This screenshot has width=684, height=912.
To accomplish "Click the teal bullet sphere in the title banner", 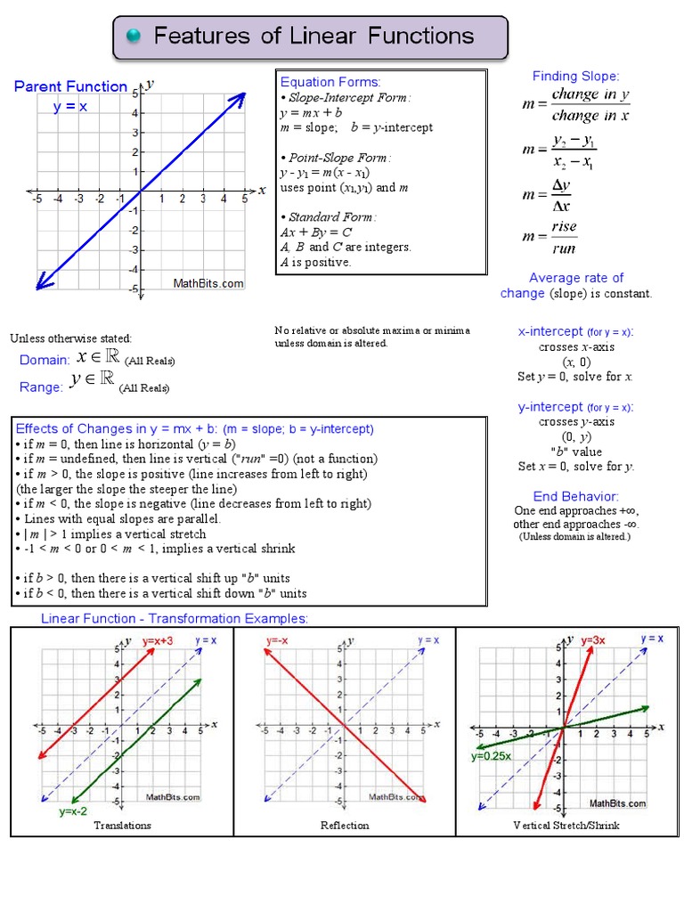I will (134, 36).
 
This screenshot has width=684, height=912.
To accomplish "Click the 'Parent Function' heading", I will (70, 86).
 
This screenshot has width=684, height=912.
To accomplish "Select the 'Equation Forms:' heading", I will (330, 82).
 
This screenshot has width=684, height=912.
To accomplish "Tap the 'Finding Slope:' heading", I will (575, 76).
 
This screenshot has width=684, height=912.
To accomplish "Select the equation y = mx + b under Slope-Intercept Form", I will (311, 112).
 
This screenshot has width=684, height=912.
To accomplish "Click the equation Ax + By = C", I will (316, 232).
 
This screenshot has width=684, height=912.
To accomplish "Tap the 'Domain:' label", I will (45, 360).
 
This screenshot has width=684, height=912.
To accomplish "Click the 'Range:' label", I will (41, 387).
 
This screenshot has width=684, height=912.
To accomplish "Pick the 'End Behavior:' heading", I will (575, 496).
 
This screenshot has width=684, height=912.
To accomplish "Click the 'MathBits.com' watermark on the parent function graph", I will (208, 283).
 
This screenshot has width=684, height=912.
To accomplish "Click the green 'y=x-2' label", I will (73, 811).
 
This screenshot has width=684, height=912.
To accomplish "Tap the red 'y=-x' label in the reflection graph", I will (278, 640).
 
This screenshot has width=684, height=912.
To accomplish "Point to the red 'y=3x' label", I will (593, 640).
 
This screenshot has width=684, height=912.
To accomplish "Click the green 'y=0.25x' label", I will (491, 756).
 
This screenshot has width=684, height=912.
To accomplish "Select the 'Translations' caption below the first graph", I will (123, 826).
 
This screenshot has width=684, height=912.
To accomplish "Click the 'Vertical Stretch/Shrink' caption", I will (566, 826).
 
